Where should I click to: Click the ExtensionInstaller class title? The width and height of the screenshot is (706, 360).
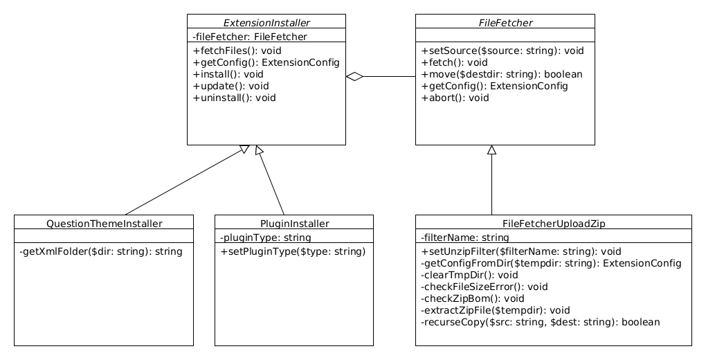coord(266,23)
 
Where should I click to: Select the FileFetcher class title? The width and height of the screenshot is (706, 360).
coord(505,23)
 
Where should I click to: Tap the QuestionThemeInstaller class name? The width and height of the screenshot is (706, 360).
coord(104,224)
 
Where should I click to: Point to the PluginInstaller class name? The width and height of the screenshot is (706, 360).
coord(294,224)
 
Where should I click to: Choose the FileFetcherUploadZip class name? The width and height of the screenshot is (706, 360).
coord(553,224)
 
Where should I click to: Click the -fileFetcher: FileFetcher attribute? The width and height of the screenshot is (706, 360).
coord(249,37)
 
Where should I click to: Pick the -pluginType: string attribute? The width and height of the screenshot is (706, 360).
coord(265,237)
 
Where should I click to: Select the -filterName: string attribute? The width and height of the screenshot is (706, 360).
coord(464,237)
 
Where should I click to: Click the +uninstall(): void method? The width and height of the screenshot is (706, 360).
coord(234,98)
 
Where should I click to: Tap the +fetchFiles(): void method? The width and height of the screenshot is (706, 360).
coord(237,51)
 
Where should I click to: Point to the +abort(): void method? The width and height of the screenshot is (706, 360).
coord(455,98)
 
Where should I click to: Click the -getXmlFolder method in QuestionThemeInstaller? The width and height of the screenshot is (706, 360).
coord(101,251)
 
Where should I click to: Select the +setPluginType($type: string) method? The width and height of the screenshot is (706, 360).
coord(293,251)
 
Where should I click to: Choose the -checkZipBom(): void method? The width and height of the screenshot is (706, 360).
coord(472,298)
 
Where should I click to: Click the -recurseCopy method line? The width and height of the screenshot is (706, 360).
coord(541,322)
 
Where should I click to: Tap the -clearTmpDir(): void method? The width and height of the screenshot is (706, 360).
coord(469,275)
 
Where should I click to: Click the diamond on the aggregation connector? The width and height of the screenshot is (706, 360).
coord(355,77)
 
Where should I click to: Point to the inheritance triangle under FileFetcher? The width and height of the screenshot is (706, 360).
coord(491,150)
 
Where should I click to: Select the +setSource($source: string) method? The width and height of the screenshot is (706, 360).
coord(503,51)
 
